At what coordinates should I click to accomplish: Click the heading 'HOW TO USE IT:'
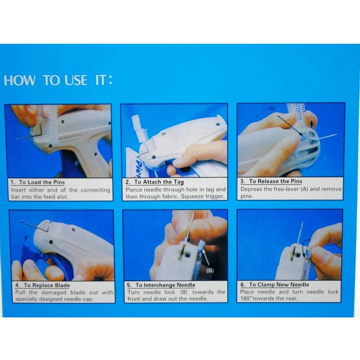(x=58, y=80)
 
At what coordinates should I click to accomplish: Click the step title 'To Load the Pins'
(x=42, y=182)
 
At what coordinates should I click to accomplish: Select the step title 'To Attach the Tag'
(x=159, y=182)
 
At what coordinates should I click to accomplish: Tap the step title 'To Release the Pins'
(x=276, y=181)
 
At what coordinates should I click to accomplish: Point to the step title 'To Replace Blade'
(x=47, y=285)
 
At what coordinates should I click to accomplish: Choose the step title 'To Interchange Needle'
(x=165, y=285)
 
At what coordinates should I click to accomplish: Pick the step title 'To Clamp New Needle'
(x=279, y=285)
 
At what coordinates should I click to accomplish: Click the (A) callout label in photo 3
(x=272, y=109)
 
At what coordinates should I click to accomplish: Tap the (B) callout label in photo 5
(x=210, y=270)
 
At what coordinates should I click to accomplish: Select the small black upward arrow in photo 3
(x=312, y=124)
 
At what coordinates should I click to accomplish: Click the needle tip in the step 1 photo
(x=16, y=138)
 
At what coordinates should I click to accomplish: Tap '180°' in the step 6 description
(x=246, y=299)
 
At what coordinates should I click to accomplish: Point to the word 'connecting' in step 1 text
(x=95, y=190)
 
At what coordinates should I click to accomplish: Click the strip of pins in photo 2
(x=140, y=128)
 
